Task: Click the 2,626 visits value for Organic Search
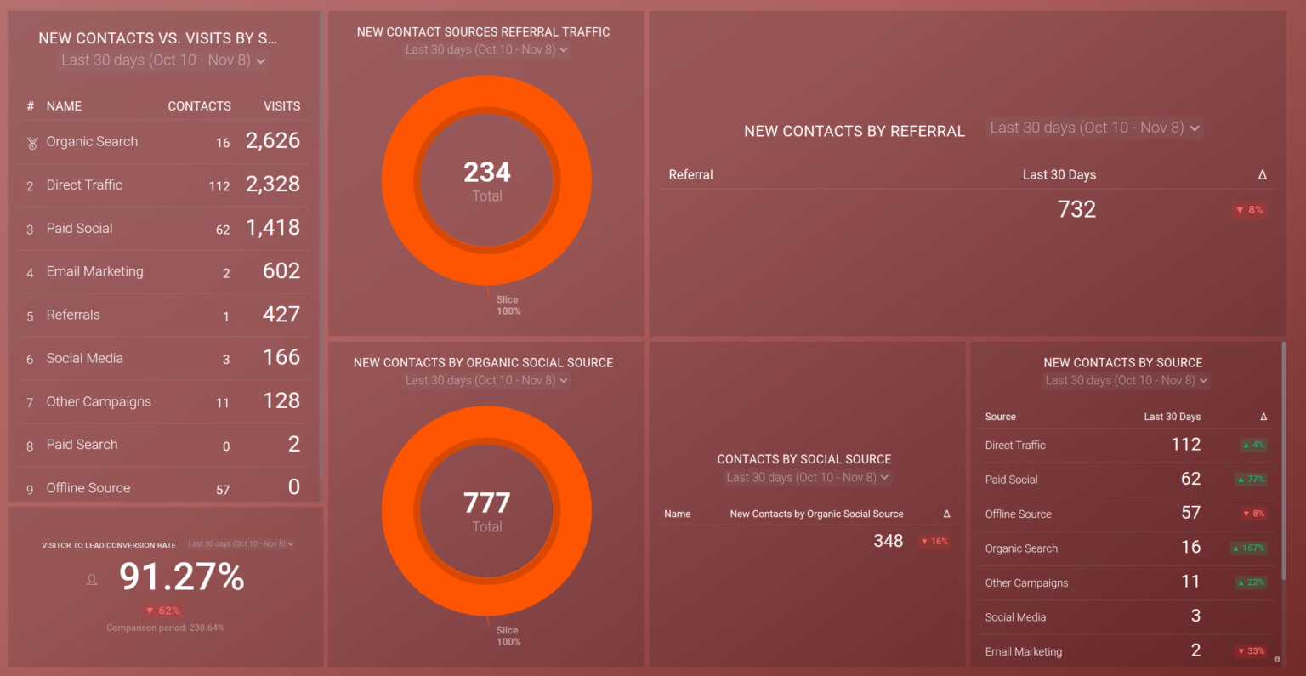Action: pos(272,141)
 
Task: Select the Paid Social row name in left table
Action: pos(79,228)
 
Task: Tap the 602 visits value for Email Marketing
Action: pos(281,271)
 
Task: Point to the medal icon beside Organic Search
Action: pos(32,143)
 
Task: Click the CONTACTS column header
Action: pos(199,106)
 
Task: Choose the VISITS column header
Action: pos(281,106)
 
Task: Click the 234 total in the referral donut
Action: pos(486,173)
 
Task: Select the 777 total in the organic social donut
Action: pos(486,503)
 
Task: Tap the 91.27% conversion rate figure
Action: pos(182,577)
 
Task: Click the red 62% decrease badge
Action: pos(162,611)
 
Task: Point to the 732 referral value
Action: pos(1076,210)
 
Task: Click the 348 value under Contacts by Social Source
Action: pos(888,541)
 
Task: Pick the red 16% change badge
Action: pos(934,541)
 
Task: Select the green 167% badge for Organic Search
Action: pos(1249,548)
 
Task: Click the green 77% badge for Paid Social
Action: pos(1251,480)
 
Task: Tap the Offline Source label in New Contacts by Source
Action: pos(1018,514)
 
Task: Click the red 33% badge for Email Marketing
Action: pos(1252,651)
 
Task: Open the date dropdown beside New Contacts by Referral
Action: pos(1095,128)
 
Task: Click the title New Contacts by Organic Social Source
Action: pos(483,362)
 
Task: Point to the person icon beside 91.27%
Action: pos(92,580)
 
